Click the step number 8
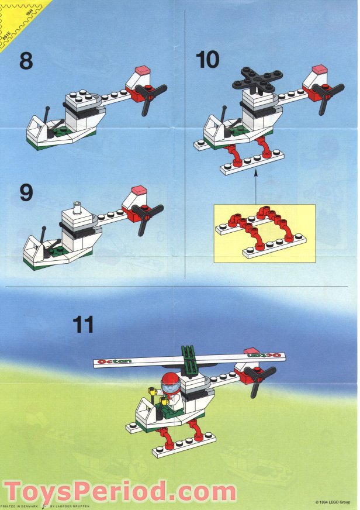(26, 60)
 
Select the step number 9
(26, 193)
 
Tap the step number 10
(208, 60)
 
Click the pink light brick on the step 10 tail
(320, 70)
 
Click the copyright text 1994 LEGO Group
(335, 502)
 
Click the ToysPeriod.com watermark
(119, 490)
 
